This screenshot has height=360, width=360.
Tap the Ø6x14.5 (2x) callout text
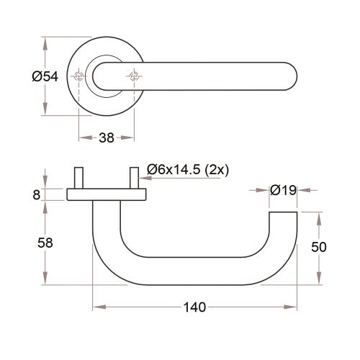[186, 169]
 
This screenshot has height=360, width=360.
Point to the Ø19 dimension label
[283, 191]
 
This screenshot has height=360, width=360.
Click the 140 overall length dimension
[195, 307]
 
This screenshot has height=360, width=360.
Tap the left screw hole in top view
[78, 76]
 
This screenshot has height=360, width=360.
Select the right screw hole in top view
[134, 76]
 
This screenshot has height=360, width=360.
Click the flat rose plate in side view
[106, 194]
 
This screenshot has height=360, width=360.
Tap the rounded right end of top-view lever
[292, 76]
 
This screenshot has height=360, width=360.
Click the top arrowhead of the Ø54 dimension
[45, 42]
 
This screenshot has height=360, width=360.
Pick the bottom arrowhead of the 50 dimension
[319, 279]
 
